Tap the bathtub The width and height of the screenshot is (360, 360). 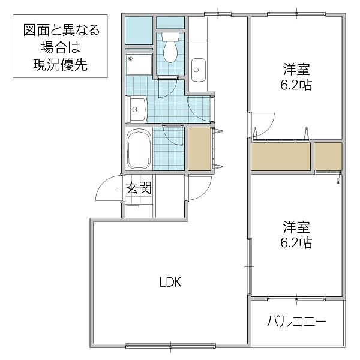point(139,150)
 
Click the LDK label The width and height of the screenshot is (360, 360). point(170,282)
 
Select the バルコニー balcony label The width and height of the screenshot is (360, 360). point(296,322)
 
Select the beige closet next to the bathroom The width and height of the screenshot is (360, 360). point(199,148)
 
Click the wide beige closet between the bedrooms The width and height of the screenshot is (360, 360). point(281,157)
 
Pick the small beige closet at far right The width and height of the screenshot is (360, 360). point(328,157)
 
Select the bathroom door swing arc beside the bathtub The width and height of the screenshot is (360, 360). point(173,135)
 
